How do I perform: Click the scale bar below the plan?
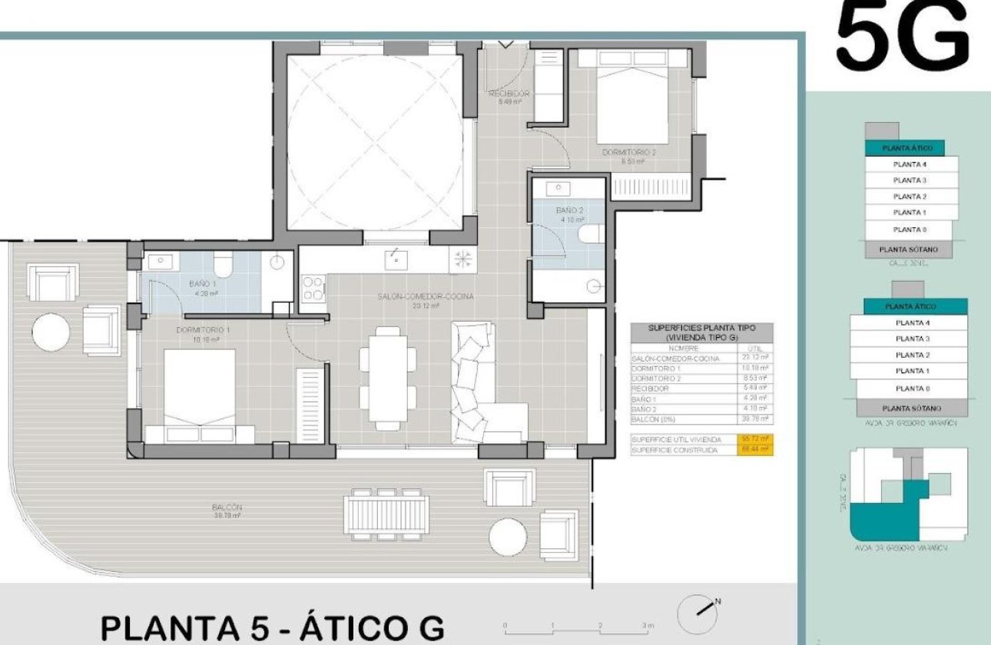point(577,626)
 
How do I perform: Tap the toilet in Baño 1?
point(223,266)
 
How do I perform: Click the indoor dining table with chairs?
point(388,377)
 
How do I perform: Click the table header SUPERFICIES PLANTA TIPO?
point(701,332)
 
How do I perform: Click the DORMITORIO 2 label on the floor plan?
point(628,153)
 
